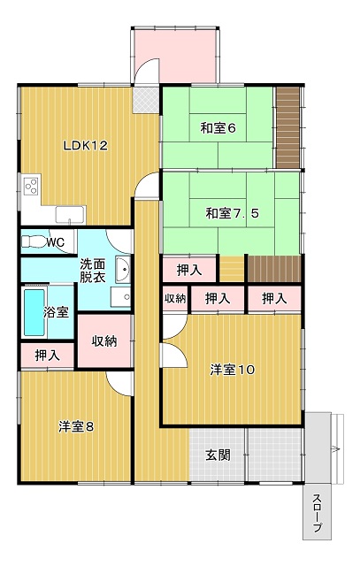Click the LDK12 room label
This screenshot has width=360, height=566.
coord(86,146)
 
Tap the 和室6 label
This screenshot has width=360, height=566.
coord(218,128)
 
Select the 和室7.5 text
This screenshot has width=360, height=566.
coord(232,213)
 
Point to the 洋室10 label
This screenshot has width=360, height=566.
coord(233,370)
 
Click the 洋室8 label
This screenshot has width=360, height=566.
coord(76,426)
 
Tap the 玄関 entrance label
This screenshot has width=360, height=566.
coord(218,455)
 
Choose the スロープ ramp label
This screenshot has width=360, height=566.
coord(317,513)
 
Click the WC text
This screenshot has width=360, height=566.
coord(55,242)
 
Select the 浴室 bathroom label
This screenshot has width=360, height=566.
coord(56,312)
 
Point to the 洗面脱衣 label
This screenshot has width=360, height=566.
coord(93,271)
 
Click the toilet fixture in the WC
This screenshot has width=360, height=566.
coord(34,241)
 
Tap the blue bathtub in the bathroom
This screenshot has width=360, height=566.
coord(34,312)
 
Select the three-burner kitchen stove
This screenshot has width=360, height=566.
coord(31,186)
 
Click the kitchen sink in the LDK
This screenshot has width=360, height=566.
coord(71,215)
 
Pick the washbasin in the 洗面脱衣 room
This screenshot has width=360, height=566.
coord(123,269)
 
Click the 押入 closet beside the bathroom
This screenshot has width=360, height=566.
coord(48,356)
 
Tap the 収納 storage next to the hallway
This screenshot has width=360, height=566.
coord(104,341)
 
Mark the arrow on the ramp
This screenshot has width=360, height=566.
coord(335,449)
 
